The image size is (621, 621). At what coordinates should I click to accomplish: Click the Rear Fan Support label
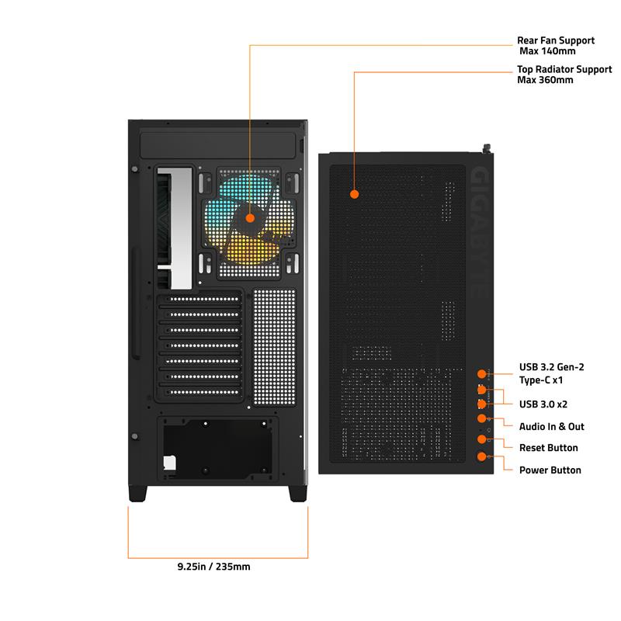(556, 46)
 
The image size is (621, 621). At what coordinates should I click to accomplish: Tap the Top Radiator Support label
(564, 75)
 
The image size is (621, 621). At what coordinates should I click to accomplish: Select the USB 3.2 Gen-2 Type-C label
(551, 373)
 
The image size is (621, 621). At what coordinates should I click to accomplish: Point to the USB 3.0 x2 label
(543, 404)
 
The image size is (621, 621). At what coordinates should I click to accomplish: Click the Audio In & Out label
(551, 426)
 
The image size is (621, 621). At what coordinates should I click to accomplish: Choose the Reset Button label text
(549, 448)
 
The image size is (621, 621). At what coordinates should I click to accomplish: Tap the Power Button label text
(550, 470)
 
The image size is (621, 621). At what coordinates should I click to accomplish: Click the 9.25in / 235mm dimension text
(214, 567)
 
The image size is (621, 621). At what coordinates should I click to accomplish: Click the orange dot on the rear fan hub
(250, 218)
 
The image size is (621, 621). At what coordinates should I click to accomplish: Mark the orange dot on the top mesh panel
(355, 194)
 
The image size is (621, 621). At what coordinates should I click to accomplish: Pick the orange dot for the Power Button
(481, 456)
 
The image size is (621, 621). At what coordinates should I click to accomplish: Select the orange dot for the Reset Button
(481, 439)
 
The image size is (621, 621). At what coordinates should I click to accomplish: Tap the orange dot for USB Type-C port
(481, 374)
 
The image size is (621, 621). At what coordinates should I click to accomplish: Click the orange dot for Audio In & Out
(481, 418)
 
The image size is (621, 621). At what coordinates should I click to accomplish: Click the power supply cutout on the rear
(217, 449)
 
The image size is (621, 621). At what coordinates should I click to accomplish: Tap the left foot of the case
(138, 494)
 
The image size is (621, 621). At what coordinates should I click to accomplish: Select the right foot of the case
(298, 494)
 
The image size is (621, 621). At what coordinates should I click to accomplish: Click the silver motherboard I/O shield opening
(175, 228)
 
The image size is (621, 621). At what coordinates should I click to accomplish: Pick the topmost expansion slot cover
(200, 299)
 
